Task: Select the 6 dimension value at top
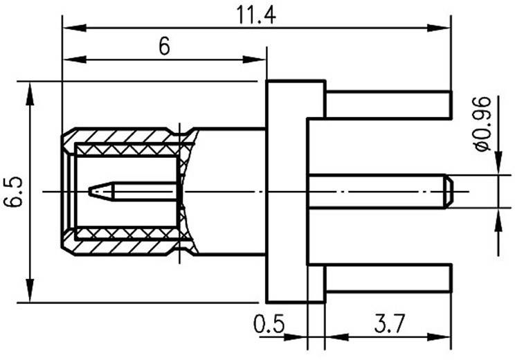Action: click(164, 47)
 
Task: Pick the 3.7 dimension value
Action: click(389, 324)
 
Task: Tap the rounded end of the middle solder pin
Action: click(448, 192)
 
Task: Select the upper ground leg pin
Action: click(388, 105)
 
